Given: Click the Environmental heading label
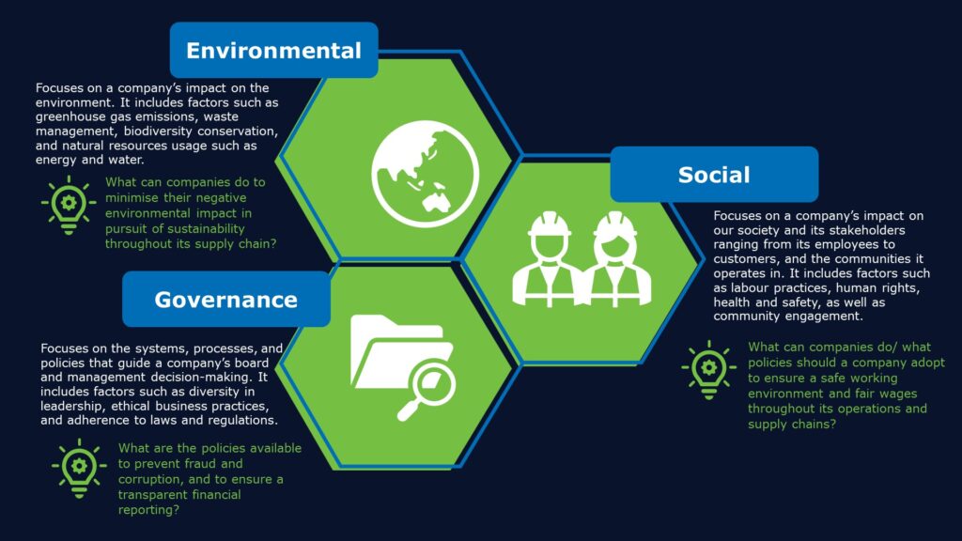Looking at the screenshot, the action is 273,51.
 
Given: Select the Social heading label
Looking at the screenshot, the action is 714,175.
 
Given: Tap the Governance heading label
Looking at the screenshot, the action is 225,300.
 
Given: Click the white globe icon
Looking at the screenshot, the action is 426,174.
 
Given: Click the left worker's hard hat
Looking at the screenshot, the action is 549,224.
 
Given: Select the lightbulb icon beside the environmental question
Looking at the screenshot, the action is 69,205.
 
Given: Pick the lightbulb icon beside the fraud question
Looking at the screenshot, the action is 79,468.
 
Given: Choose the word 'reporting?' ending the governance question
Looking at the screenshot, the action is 149,510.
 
